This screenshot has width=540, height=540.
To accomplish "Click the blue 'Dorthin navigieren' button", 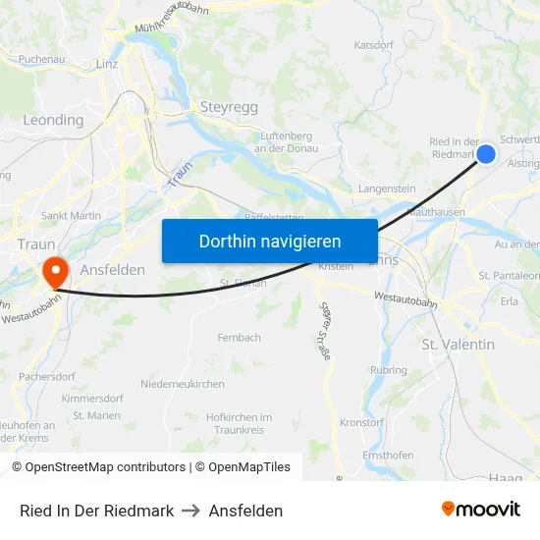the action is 270,241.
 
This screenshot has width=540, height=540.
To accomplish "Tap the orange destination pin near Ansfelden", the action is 55,271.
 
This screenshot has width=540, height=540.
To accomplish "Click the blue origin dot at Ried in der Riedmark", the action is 485,154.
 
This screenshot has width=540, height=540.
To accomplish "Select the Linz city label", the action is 107,64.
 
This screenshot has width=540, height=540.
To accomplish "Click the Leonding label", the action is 53,120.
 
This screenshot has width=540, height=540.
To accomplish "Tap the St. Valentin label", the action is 458,345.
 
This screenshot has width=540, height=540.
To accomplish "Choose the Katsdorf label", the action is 373,45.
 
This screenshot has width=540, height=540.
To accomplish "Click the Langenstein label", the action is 388,189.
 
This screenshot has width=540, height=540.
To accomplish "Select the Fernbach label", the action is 240,338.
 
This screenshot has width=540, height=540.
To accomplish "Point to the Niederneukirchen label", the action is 183,384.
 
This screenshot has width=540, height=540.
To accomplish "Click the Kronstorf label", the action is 361,421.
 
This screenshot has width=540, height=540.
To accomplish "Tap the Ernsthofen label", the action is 388,457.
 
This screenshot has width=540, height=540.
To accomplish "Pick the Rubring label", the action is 389,370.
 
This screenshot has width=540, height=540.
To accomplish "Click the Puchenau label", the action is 41,59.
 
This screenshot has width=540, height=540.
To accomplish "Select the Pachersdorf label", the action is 47,376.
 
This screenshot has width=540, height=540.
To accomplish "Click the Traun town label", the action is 35,243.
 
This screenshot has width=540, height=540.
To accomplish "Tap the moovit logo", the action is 481,510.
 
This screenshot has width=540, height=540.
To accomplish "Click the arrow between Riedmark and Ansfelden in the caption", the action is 191,511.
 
